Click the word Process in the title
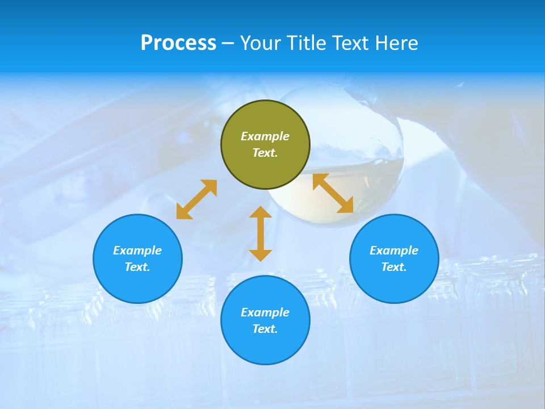(178, 43)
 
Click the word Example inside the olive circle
(265, 136)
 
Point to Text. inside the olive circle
(265, 153)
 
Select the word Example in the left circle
(137, 251)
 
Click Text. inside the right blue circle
(394, 267)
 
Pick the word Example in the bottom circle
(265, 312)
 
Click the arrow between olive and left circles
(196, 199)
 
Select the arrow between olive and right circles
(333, 193)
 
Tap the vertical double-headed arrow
(261, 233)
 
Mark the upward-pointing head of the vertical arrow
(261, 212)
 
